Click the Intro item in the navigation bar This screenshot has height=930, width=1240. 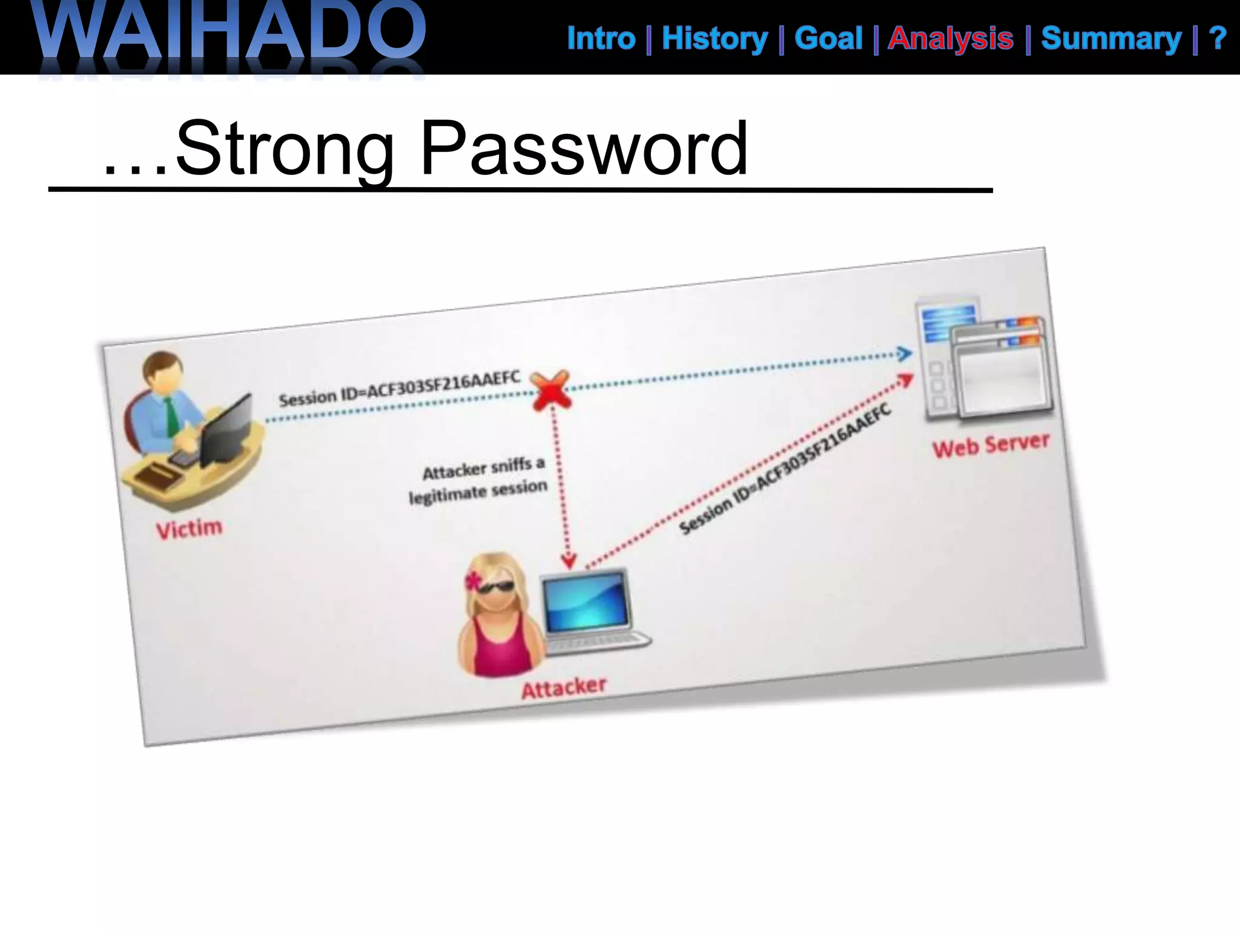coord(601,39)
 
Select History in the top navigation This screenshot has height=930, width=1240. coord(714,39)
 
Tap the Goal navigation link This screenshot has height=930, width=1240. coord(828,39)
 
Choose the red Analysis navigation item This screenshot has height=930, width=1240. coord(951,39)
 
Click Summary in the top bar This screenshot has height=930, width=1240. coord(1111,39)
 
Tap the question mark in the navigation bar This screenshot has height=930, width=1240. coord(1217,39)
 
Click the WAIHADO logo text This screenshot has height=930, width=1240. coord(230,33)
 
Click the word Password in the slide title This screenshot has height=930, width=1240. coord(584,148)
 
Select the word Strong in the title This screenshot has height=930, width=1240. coord(285,148)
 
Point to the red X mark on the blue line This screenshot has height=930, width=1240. coord(550,389)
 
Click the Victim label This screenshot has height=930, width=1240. coord(190,529)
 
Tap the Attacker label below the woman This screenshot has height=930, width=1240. coord(564,687)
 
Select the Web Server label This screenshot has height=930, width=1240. coord(991,445)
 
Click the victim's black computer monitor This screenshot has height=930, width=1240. coord(227,430)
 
